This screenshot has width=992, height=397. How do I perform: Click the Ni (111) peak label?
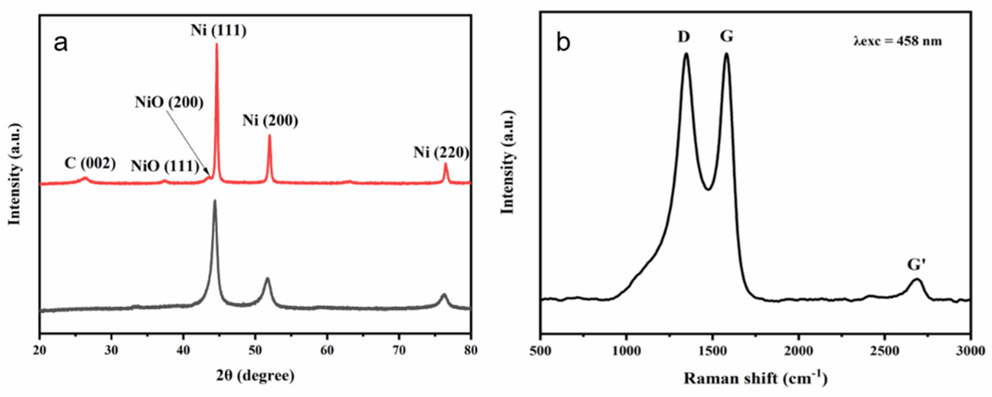pyautogui.click(x=218, y=31)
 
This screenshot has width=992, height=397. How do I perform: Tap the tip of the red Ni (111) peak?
pyautogui.click(x=216, y=45)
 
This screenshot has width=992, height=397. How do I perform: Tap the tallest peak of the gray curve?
pyautogui.click(x=214, y=201)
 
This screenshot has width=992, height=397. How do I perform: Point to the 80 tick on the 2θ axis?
pyautogui.click(x=470, y=351)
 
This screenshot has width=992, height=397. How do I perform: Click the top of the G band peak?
pyautogui.click(x=726, y=54)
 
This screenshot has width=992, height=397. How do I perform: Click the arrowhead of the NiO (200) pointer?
pyautogui.click(x=209, y=177)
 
